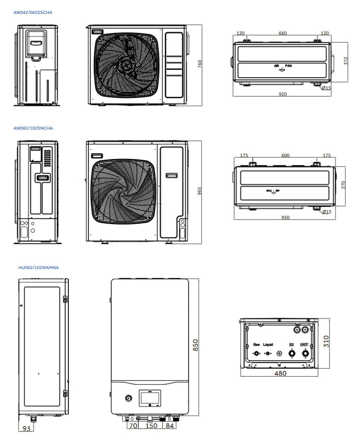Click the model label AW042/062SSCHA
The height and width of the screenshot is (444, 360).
click(33, 12)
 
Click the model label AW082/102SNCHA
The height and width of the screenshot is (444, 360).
click(33, 128)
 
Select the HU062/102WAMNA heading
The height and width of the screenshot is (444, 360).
click(39, 267)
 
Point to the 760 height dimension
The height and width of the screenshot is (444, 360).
click(200, 64)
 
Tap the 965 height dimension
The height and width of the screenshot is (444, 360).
click(199, 191)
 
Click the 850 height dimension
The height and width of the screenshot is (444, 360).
click(195, 345)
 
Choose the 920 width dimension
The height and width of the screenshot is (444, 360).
click(282, 94)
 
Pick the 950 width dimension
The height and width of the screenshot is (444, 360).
click(285, 217)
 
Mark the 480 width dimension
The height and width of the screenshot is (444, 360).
click(280, 373)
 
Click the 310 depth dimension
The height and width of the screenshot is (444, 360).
click(326, 341)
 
